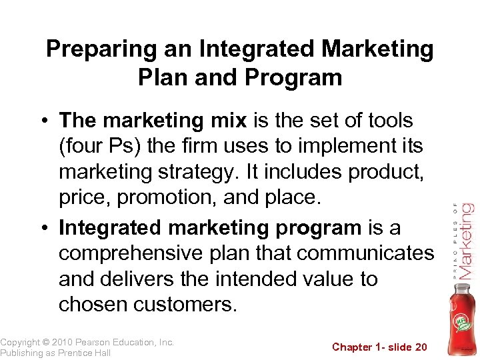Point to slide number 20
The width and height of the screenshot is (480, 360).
coord(420,347)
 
